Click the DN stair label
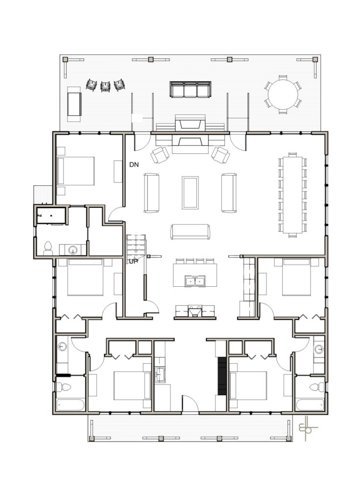[134, 165]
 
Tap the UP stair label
[133, 262]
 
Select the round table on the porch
[283, 95]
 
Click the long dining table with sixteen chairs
[292, 195]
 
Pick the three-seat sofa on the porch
[191, 89]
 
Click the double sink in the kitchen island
[195, 281]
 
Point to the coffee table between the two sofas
[190, 192]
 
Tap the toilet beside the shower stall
[48, 249]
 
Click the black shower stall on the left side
[51, 216]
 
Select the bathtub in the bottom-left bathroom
[71, 405]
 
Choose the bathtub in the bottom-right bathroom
[310, 405]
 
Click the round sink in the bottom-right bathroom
[318, 349]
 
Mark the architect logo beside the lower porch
[306, 428]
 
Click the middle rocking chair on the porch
[105, 86]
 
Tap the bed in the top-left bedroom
[75, 171]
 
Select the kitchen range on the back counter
[195, 310]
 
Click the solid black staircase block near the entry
[222, 376]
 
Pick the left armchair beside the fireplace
[160, 154]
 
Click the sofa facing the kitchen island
[191, 231]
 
